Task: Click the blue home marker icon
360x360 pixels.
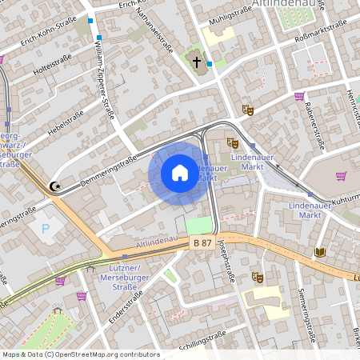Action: pos(180,172)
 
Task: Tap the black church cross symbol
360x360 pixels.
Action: pos(196,61)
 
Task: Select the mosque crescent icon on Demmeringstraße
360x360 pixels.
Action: pos(54,186)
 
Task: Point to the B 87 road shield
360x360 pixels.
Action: pos(201,241)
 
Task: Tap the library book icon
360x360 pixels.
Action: pos(320,252)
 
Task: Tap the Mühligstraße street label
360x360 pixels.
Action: pos(229,15)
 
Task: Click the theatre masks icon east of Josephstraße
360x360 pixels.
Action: pos(258,278)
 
